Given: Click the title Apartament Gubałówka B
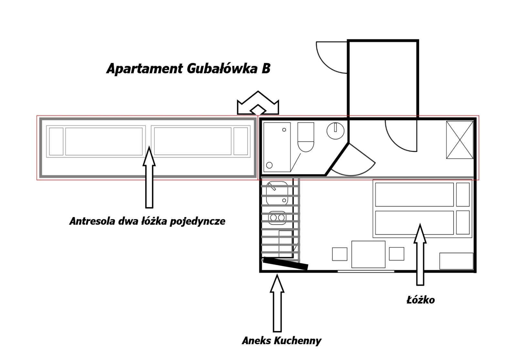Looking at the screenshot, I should [188, 69].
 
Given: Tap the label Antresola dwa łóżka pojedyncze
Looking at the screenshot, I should [147, 221].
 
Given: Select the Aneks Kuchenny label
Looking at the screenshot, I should [281, 341].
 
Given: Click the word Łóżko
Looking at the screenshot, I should [420, 300].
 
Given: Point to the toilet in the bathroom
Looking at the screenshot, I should [306, 137].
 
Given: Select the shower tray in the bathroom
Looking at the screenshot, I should [277, 147].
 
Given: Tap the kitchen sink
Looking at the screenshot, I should [277, 194].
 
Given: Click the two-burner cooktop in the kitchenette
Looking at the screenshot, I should [277, 217].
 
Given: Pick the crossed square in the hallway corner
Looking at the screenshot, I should [459, 140].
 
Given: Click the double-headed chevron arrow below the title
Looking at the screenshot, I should [258, 103].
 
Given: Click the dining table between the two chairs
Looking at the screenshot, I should [368, 254].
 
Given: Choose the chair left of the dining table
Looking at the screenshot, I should [340, 254].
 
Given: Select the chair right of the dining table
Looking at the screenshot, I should [396, 254].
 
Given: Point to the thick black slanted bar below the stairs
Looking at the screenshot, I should [285, 263].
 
